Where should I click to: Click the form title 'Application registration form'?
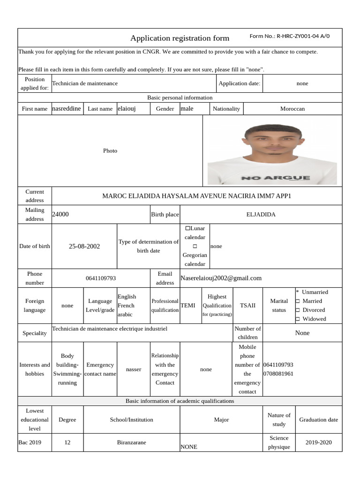pos(180,38)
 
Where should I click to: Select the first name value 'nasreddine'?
pos(67,108)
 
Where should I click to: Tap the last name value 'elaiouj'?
pos(127,108)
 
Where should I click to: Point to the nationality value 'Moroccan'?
pos(292,108)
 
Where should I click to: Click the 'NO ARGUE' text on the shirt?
pos(275,178)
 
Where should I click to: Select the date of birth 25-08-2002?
pos(84,246)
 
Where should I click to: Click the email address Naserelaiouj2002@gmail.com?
pos(221,278)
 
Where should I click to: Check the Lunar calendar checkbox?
pos(187,228)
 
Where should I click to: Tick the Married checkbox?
pos(298,301)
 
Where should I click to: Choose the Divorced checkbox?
pos(298,310)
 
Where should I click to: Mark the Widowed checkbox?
pos(298,319)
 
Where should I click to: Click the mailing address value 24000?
pos(60,214)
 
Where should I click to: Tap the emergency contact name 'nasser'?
pos(134,369)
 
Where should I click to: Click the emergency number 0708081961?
pos(278,374)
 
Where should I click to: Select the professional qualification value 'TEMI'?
pos(188,305)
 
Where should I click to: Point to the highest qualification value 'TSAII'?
pos(248,305)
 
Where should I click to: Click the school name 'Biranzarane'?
pos(131,442)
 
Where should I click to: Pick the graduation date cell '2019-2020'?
pos(318,442)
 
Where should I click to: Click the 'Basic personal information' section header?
pos(180,97)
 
